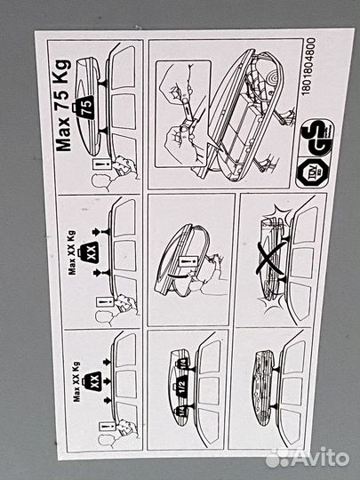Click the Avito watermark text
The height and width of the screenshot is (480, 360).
pyautogui.click(x=315, y=457)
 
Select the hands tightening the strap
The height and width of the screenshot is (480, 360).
pyautogui.click(x=191, y=116)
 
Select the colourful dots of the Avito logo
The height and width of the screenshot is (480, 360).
pyautogui.click(x=277, y=457)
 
